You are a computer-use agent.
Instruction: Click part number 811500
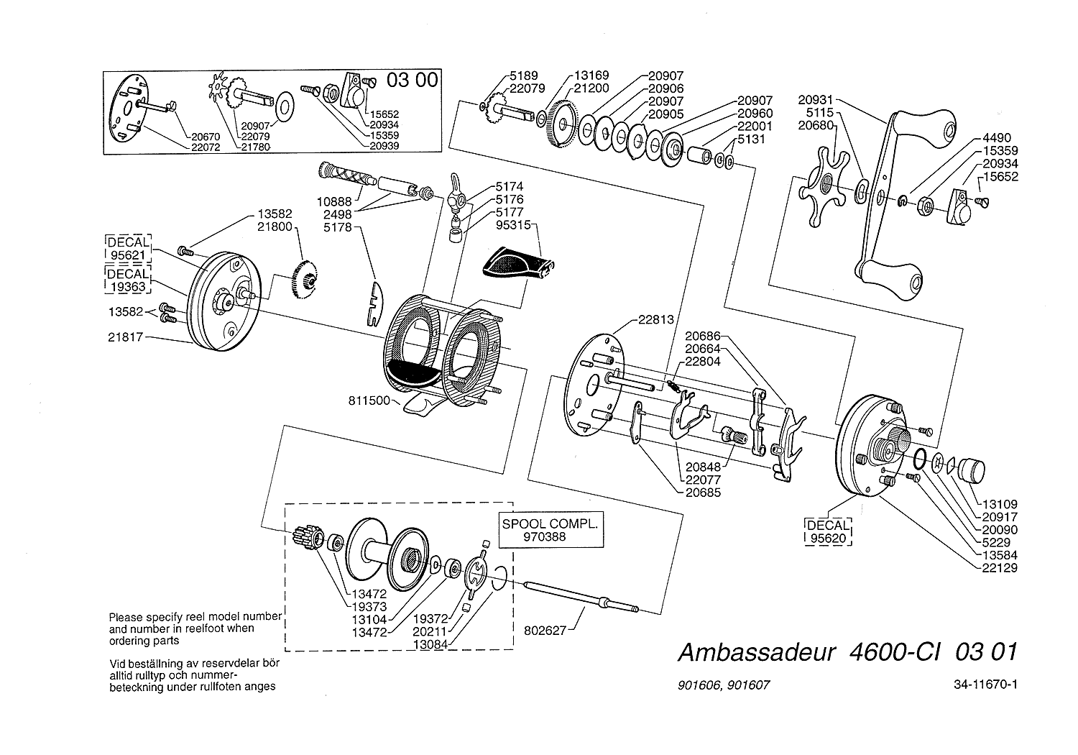(x=371, y=400)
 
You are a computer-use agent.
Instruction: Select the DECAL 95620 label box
(x=827, y=531)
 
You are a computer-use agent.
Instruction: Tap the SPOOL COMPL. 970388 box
(x=550, y=530)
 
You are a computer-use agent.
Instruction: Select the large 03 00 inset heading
(x=412, y=81)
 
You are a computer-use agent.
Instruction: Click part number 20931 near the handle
(x=817, y=100)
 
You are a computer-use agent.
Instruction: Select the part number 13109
(x=997, y=505)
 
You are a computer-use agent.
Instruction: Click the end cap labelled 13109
(x=970, y=471)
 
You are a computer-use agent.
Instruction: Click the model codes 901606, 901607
(x=723, y=685)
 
